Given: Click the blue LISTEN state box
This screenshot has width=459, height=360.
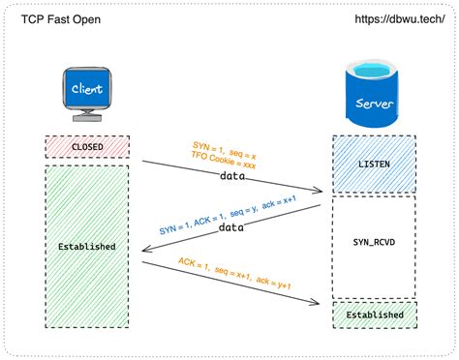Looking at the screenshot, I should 374,164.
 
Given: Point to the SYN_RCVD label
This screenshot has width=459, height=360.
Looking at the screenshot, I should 374,236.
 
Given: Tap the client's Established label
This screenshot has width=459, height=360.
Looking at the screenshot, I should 87,247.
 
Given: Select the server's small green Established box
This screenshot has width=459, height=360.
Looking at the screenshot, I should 374,315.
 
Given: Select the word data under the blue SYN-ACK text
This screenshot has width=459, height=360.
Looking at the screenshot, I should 229,227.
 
